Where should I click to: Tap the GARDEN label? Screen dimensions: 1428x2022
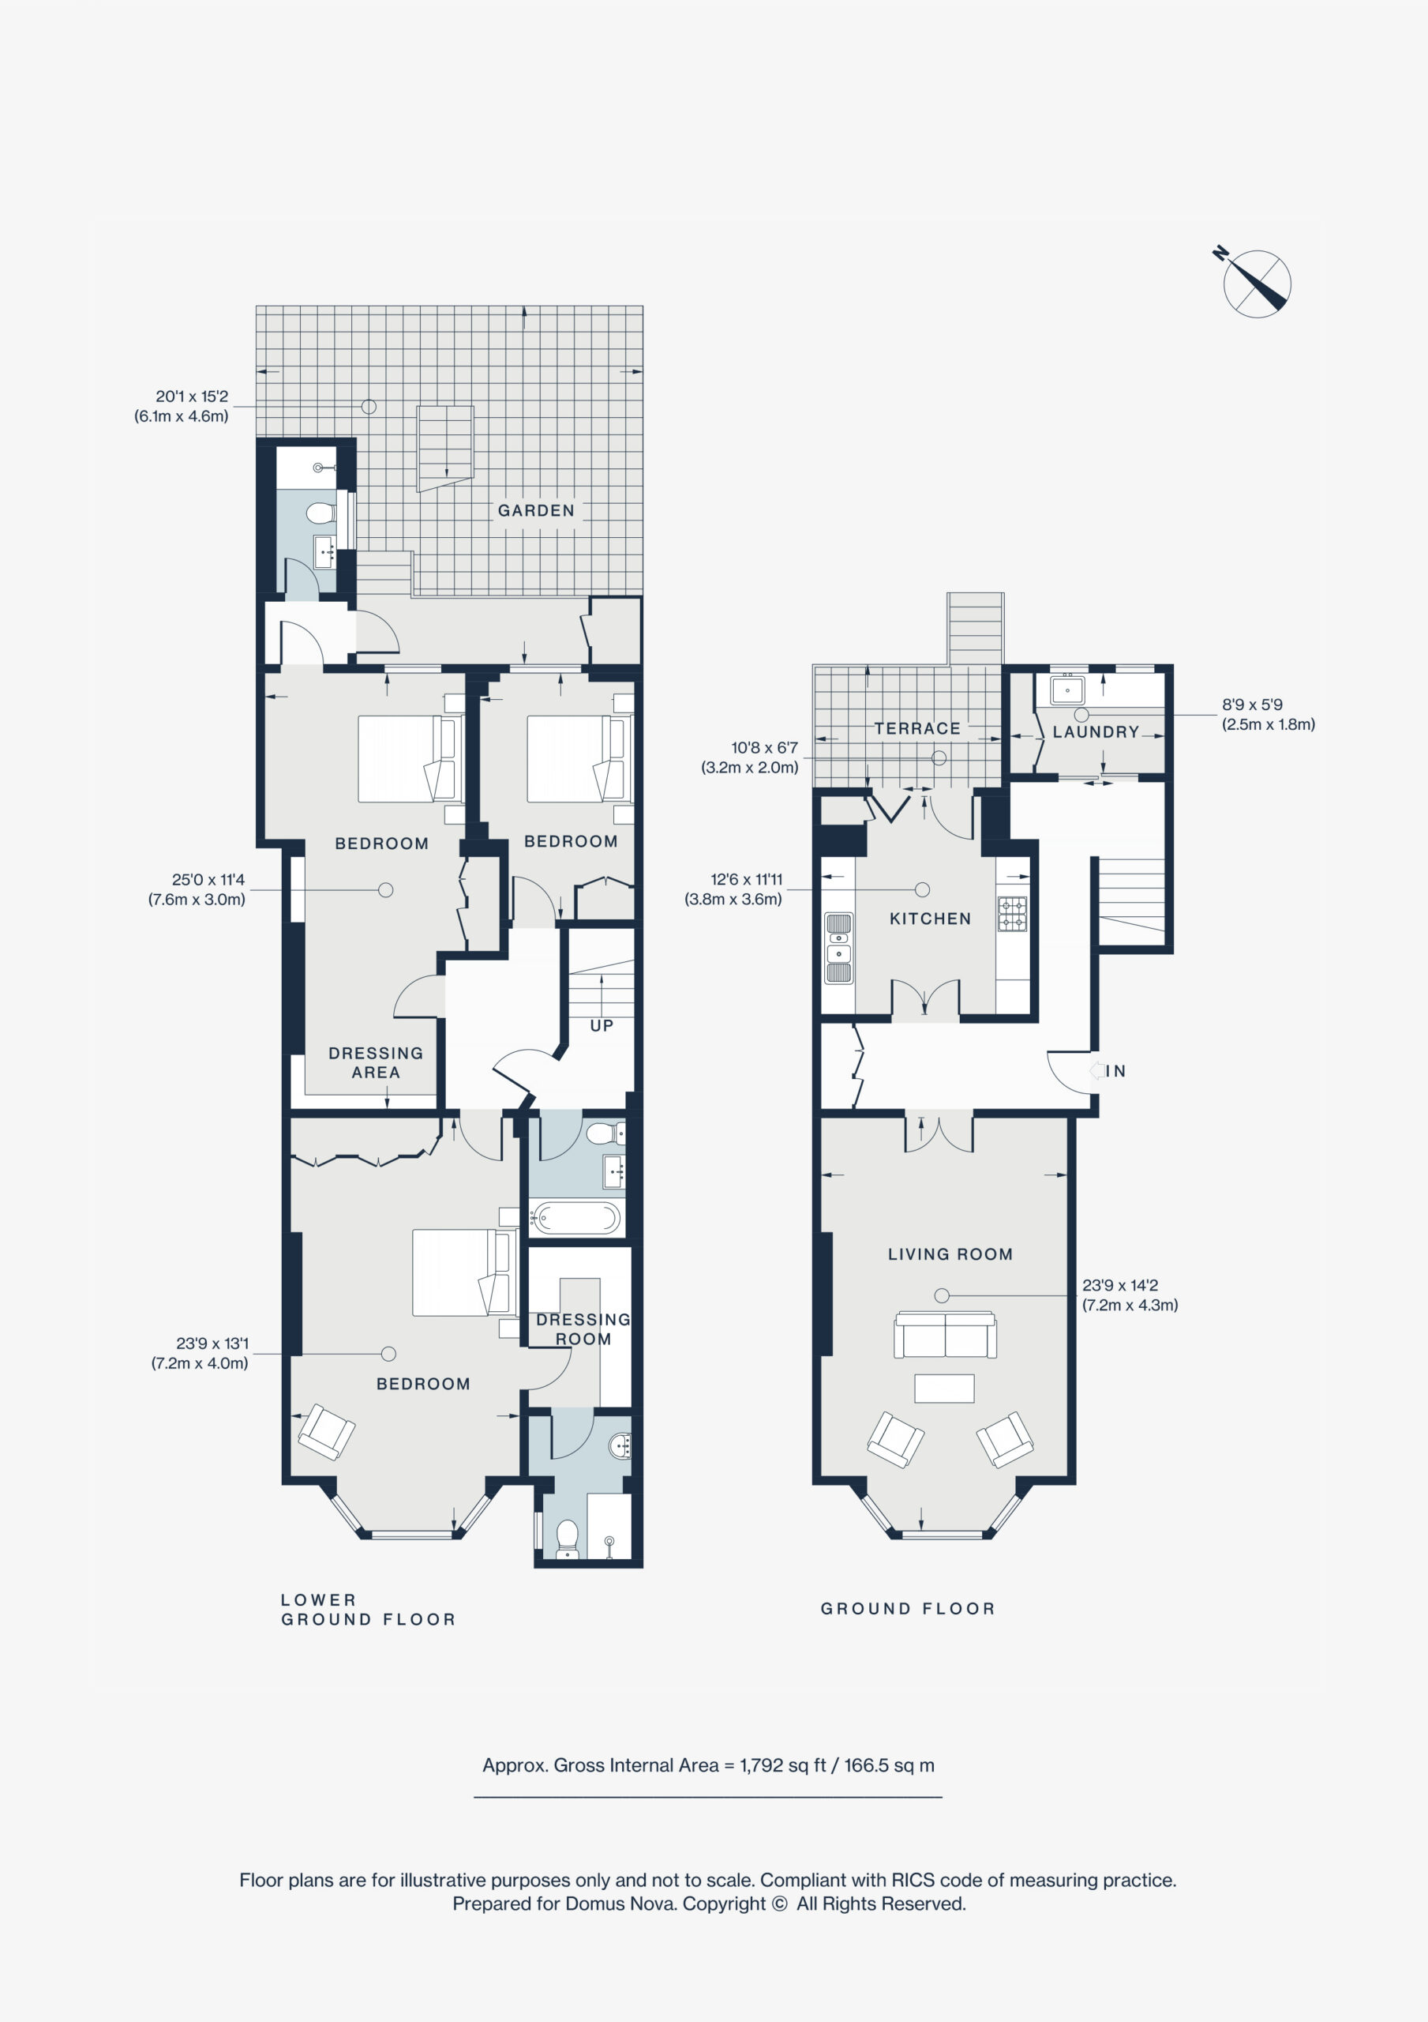(x=536, y=511)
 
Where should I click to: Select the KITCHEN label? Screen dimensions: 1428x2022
(x=930, y=919)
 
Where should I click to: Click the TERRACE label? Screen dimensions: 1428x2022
(x=917, y=728)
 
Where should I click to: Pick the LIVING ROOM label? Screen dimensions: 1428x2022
(x=950, y=1254)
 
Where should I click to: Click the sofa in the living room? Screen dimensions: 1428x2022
(x=946, y=1335)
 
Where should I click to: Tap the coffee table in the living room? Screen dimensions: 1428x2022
(x=944, y=1388)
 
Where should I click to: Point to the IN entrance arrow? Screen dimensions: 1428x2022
(x=1097, y=1071)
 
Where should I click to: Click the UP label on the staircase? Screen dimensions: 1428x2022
(x=602, y=1026)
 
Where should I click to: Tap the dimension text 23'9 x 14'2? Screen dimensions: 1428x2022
(x=1120, y=1285)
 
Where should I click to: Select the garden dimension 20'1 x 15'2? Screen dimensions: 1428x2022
(x=192, y=397)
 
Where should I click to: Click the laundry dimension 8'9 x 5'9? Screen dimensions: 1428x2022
(x=1252, y=705)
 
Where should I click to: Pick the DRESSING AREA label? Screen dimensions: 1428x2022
(x=376, y=1062)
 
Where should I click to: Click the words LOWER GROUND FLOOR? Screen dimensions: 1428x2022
(x=368, y=1609)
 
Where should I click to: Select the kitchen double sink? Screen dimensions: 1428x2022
(x=838, y=947)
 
